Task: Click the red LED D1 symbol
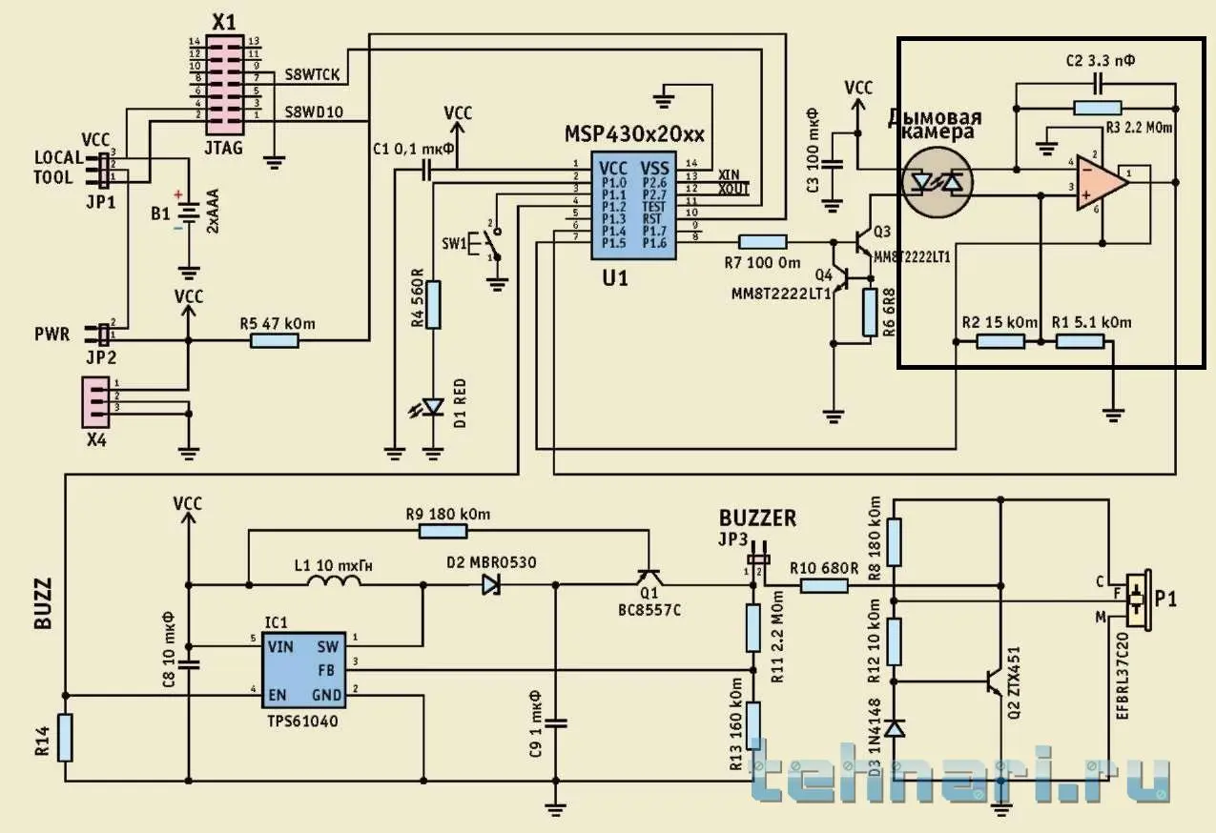(434, 407)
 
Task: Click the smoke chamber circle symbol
(938, 181)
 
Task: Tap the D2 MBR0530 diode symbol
(491, 584)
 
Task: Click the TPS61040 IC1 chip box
(304, 670)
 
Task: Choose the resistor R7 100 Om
(763, 242)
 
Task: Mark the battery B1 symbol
(191, 213)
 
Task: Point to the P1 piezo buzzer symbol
(1136, 599)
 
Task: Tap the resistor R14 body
(64, 738)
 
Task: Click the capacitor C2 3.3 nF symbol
(1097, 84)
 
